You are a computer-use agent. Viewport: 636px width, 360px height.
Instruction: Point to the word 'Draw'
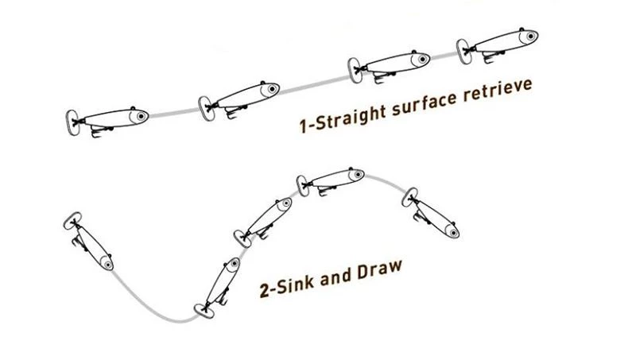[x=376, y=272]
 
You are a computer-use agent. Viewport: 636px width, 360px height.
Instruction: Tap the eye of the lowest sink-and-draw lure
[x=232, y=265]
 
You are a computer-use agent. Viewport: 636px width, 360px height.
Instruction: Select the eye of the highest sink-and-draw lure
[x=352, y=173]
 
